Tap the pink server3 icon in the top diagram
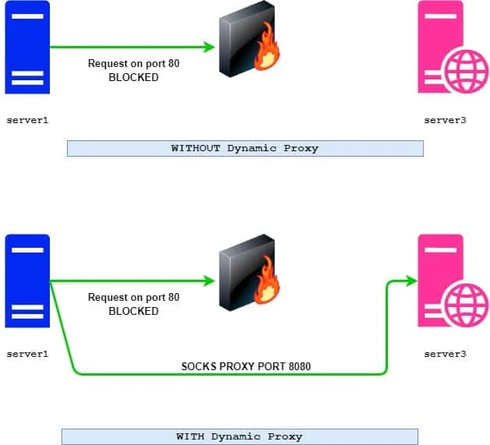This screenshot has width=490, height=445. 445,47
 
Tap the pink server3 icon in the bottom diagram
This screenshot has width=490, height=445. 445,281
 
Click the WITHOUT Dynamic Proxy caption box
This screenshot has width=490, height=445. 245,148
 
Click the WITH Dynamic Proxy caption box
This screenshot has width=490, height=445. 239,436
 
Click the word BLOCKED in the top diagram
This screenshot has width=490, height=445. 133,78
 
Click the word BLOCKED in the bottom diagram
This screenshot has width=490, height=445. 133,311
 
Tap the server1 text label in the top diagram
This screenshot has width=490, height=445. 27,120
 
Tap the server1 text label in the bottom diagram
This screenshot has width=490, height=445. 27,354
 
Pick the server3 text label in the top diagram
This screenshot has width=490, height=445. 445,120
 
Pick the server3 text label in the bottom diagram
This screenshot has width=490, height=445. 445,354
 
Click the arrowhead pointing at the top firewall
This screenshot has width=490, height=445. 209,48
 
